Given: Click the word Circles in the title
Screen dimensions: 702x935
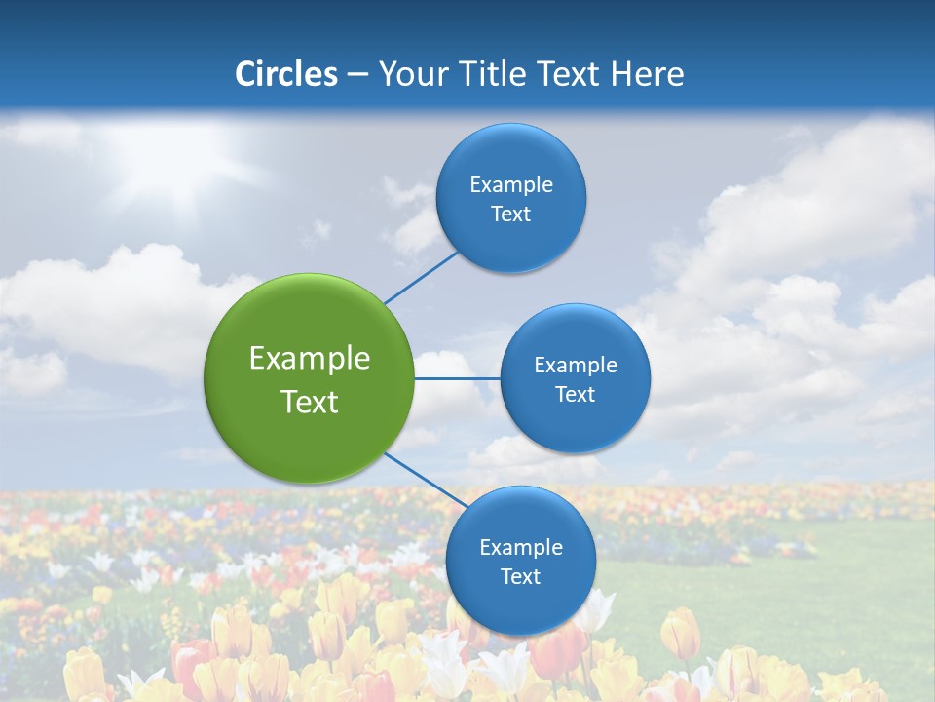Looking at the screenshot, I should pyautogui.click(x=285, y=74).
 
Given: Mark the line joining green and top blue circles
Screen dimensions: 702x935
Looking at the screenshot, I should pyautogui.click(x=421, y=277).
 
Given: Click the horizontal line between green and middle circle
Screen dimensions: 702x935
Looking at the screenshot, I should pyautogui.click(x=457, y=378).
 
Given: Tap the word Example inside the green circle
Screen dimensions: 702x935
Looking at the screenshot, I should pyautogui.click(x=310, y=359).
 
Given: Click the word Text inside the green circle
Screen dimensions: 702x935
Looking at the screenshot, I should pyautogui.click(x=310, y=402).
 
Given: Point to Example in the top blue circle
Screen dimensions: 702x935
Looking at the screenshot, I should pyautogui.click(x=511, y=185).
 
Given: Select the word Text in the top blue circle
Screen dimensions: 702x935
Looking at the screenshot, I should pyautogui.click(x=511, y=214).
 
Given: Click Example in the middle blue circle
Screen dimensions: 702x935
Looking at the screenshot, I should pyautogui.click(x=576, y=366).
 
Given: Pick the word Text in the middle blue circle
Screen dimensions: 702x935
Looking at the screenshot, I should pyautogui.click(x=576, y=395).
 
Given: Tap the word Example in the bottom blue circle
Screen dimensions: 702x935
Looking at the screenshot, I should pyautogui.click(x=521, y=548).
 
